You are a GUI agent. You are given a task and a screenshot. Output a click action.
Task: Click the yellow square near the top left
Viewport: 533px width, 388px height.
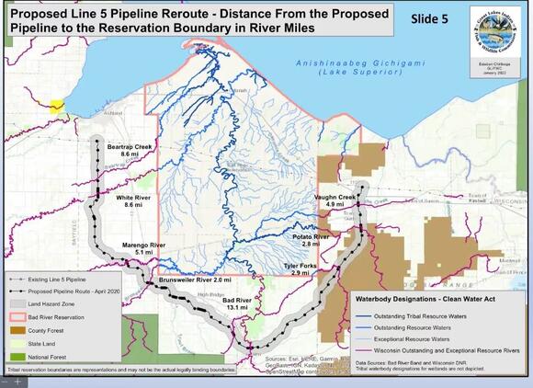point(57,107)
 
